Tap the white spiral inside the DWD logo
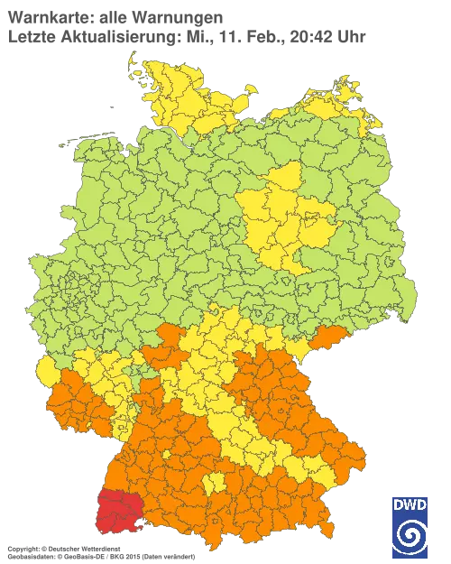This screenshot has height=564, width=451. [x=411, y=536]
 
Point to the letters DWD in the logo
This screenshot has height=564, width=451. [x=411, y=505]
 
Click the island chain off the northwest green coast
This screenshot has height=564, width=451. [x=81, y=138]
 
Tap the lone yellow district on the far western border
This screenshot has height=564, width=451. [x=46, y=371]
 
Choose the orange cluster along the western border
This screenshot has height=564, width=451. [x=77, y=402]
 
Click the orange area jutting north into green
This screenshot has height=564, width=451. [x=171, y=338]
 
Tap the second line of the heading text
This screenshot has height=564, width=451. [x=185, y=35]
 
